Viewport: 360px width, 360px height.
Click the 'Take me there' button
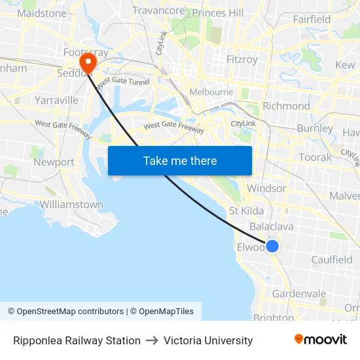180,160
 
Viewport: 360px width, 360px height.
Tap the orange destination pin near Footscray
87,63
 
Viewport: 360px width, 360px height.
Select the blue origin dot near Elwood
272,245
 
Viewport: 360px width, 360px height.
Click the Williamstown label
71,204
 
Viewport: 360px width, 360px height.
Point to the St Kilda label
246,211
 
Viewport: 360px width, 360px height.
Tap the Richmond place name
286,106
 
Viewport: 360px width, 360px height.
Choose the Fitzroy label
242,60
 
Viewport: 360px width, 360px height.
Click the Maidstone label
42,13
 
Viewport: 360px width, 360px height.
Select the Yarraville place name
56,100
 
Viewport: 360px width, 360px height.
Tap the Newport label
54,162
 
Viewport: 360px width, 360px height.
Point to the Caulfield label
331,260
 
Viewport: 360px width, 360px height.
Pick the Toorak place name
315,157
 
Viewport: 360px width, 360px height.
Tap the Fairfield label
312,20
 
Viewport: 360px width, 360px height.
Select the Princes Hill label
218,13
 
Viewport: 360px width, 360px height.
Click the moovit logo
321,340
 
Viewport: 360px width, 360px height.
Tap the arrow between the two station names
152,340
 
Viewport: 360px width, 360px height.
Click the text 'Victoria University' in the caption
208,340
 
